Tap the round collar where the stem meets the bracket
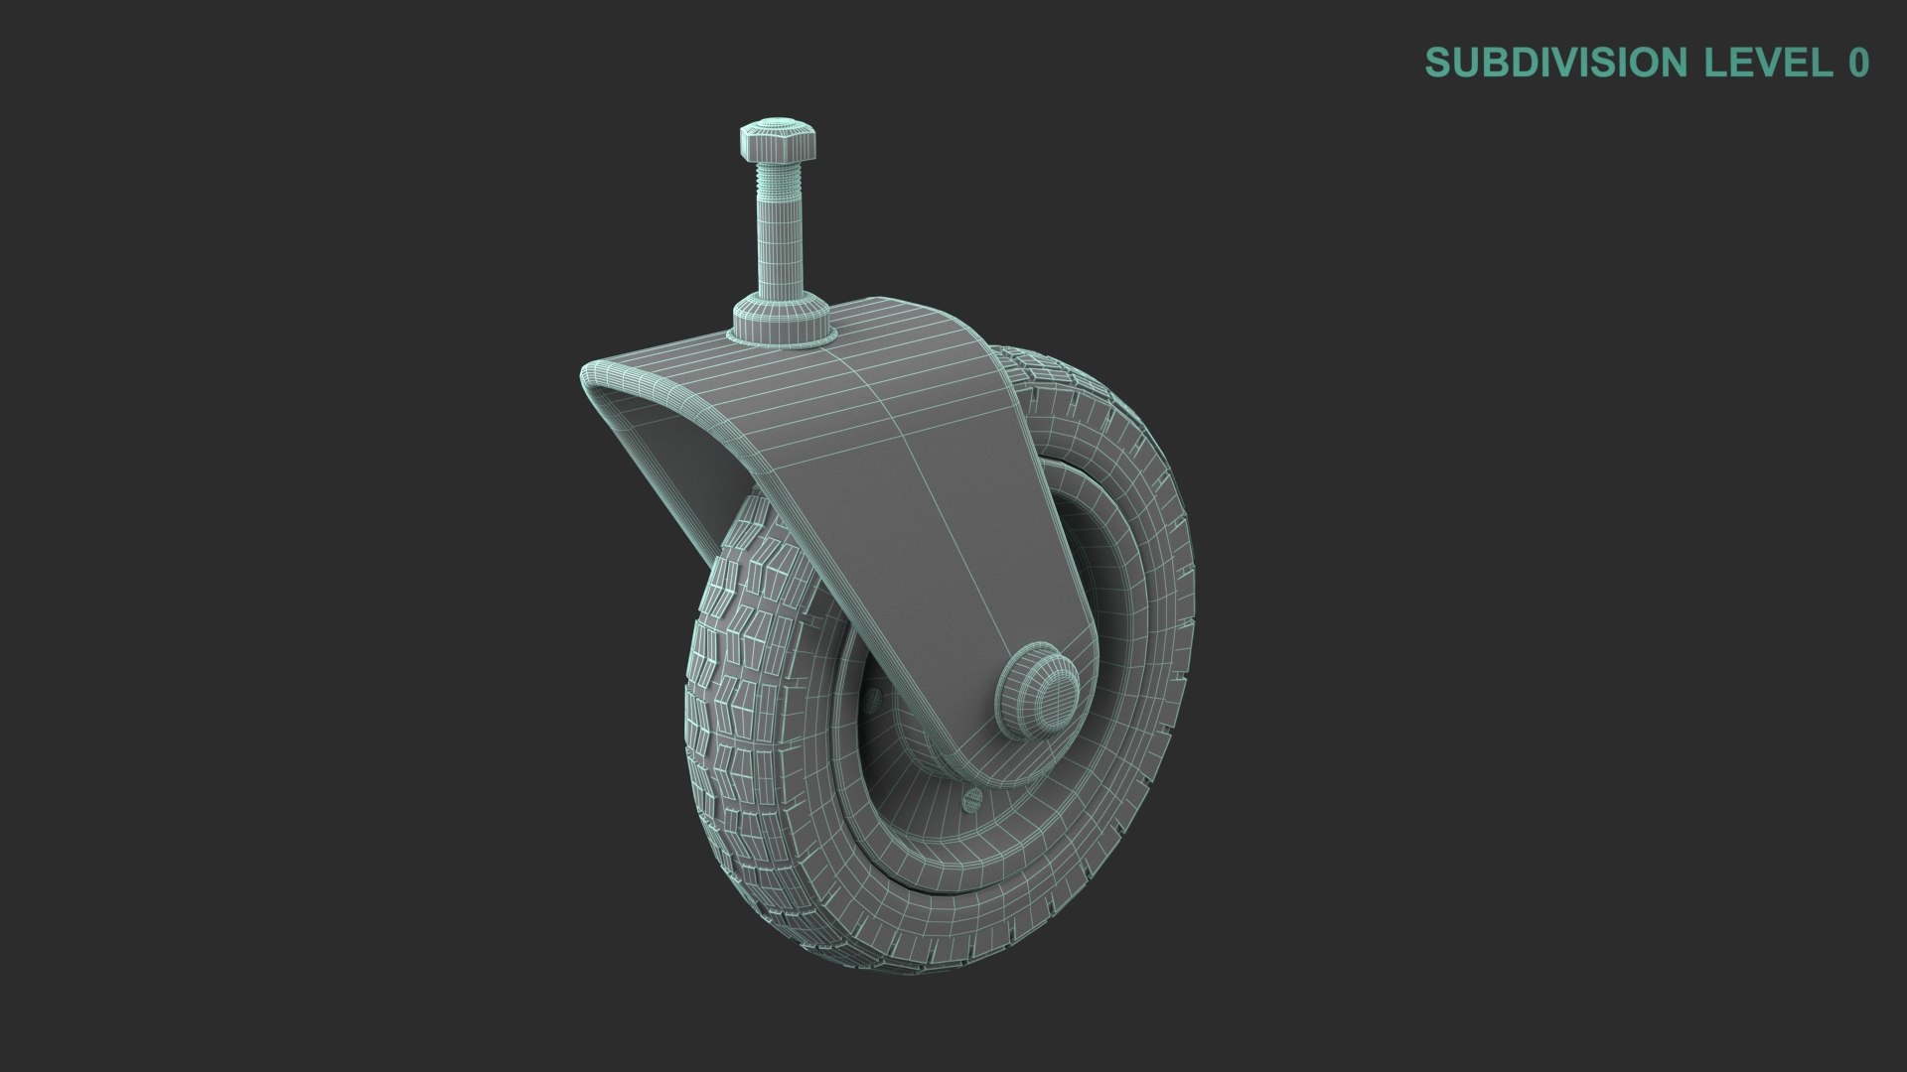click(782, 322)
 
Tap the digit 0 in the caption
click(1857, 63)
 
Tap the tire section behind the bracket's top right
click(1053, 397)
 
